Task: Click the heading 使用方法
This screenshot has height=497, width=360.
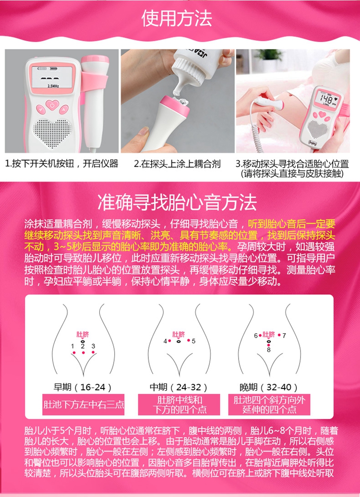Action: click(177, 18)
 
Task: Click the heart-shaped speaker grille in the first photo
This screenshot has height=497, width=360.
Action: click(52, 132)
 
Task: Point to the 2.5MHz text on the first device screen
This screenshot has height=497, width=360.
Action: click(53, 86)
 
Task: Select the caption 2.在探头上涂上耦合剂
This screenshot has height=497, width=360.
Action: click(177, 164)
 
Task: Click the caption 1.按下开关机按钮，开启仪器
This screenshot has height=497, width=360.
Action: click(62, 164)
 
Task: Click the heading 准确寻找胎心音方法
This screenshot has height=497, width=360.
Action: click(177, 203)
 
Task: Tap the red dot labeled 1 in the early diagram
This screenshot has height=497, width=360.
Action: click(73, 352)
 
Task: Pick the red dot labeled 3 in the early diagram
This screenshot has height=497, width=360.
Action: click(93, 352)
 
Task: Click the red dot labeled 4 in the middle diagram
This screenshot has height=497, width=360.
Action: click(170, 341)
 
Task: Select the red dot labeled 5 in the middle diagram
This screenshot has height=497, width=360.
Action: click(189, 340)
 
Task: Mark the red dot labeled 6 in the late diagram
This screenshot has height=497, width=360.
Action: click(260, 335)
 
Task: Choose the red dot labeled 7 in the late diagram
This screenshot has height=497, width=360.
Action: click(279, 335)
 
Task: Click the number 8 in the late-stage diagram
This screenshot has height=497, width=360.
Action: click(269, 350)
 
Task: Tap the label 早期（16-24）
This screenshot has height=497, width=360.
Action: click(83, 387)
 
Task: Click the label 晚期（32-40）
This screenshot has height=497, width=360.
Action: click(269, 387)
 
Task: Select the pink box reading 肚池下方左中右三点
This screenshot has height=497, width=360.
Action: click(84, 405)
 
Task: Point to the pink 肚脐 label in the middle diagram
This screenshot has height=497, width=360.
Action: click(179, 334)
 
